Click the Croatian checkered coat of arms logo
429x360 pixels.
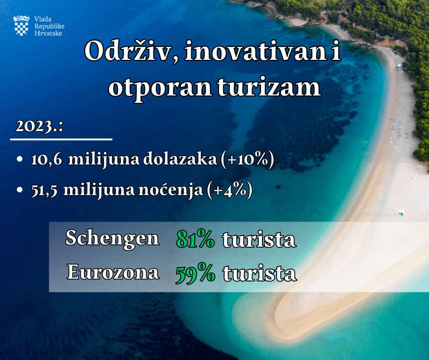pos(21,26)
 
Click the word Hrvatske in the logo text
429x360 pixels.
pos(48,33)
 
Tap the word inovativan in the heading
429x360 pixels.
pos(252,52)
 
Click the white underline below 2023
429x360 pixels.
pos(61,139)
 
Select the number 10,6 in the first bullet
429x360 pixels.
pos(47,159)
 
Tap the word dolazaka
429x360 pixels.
pos(180,159)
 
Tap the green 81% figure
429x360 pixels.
pos(195,238)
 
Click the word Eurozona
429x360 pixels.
pos(113,272)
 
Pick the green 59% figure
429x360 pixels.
pos(195,273)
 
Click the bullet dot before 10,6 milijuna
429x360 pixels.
pos(20,159)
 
